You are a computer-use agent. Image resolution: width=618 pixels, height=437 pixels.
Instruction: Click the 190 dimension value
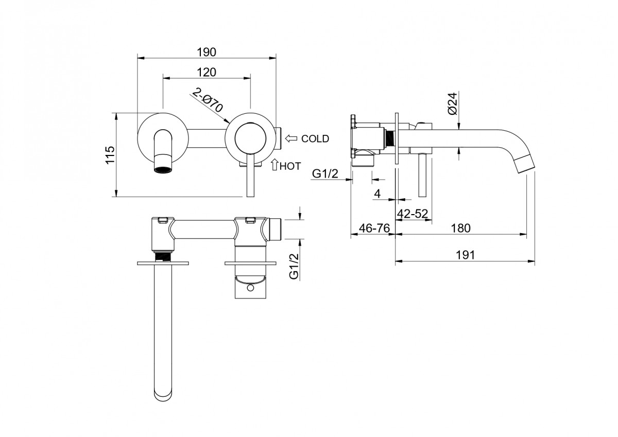tap(207, 52)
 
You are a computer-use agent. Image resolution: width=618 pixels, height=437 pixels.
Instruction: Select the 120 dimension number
tap(207, 72)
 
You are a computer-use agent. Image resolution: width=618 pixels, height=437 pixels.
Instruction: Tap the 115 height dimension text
tap(110, 155)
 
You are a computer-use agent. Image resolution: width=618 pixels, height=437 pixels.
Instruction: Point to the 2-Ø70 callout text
tap(208, 100)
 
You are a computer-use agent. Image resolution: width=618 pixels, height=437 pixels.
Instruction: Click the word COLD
tap(315, 138)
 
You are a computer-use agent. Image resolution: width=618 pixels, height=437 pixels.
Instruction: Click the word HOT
tap(290, 166)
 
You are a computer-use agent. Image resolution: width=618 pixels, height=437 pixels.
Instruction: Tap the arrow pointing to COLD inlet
tap(291, 138)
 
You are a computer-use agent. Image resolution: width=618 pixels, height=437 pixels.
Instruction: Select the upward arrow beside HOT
tap(274, 164)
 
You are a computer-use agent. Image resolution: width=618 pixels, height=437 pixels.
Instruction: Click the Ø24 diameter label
tap(453, 103)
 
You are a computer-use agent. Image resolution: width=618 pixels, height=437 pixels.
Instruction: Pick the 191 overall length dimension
tap(465, 255)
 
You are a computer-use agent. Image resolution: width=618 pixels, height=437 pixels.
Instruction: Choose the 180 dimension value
tap(461, 229)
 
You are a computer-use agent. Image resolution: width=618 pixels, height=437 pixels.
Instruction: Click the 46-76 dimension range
tap(374, 229)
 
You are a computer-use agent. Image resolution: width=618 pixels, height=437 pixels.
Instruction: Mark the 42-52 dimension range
tap(413, 214)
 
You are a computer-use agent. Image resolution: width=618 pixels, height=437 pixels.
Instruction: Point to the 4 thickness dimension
tap(377, 194)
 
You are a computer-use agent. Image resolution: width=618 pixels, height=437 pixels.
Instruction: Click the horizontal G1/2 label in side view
tap(325, 173)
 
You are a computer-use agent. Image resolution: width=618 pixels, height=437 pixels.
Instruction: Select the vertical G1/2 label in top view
tap(294, 266)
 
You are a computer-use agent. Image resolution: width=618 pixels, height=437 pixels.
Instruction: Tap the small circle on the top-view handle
tap(250, 288)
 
